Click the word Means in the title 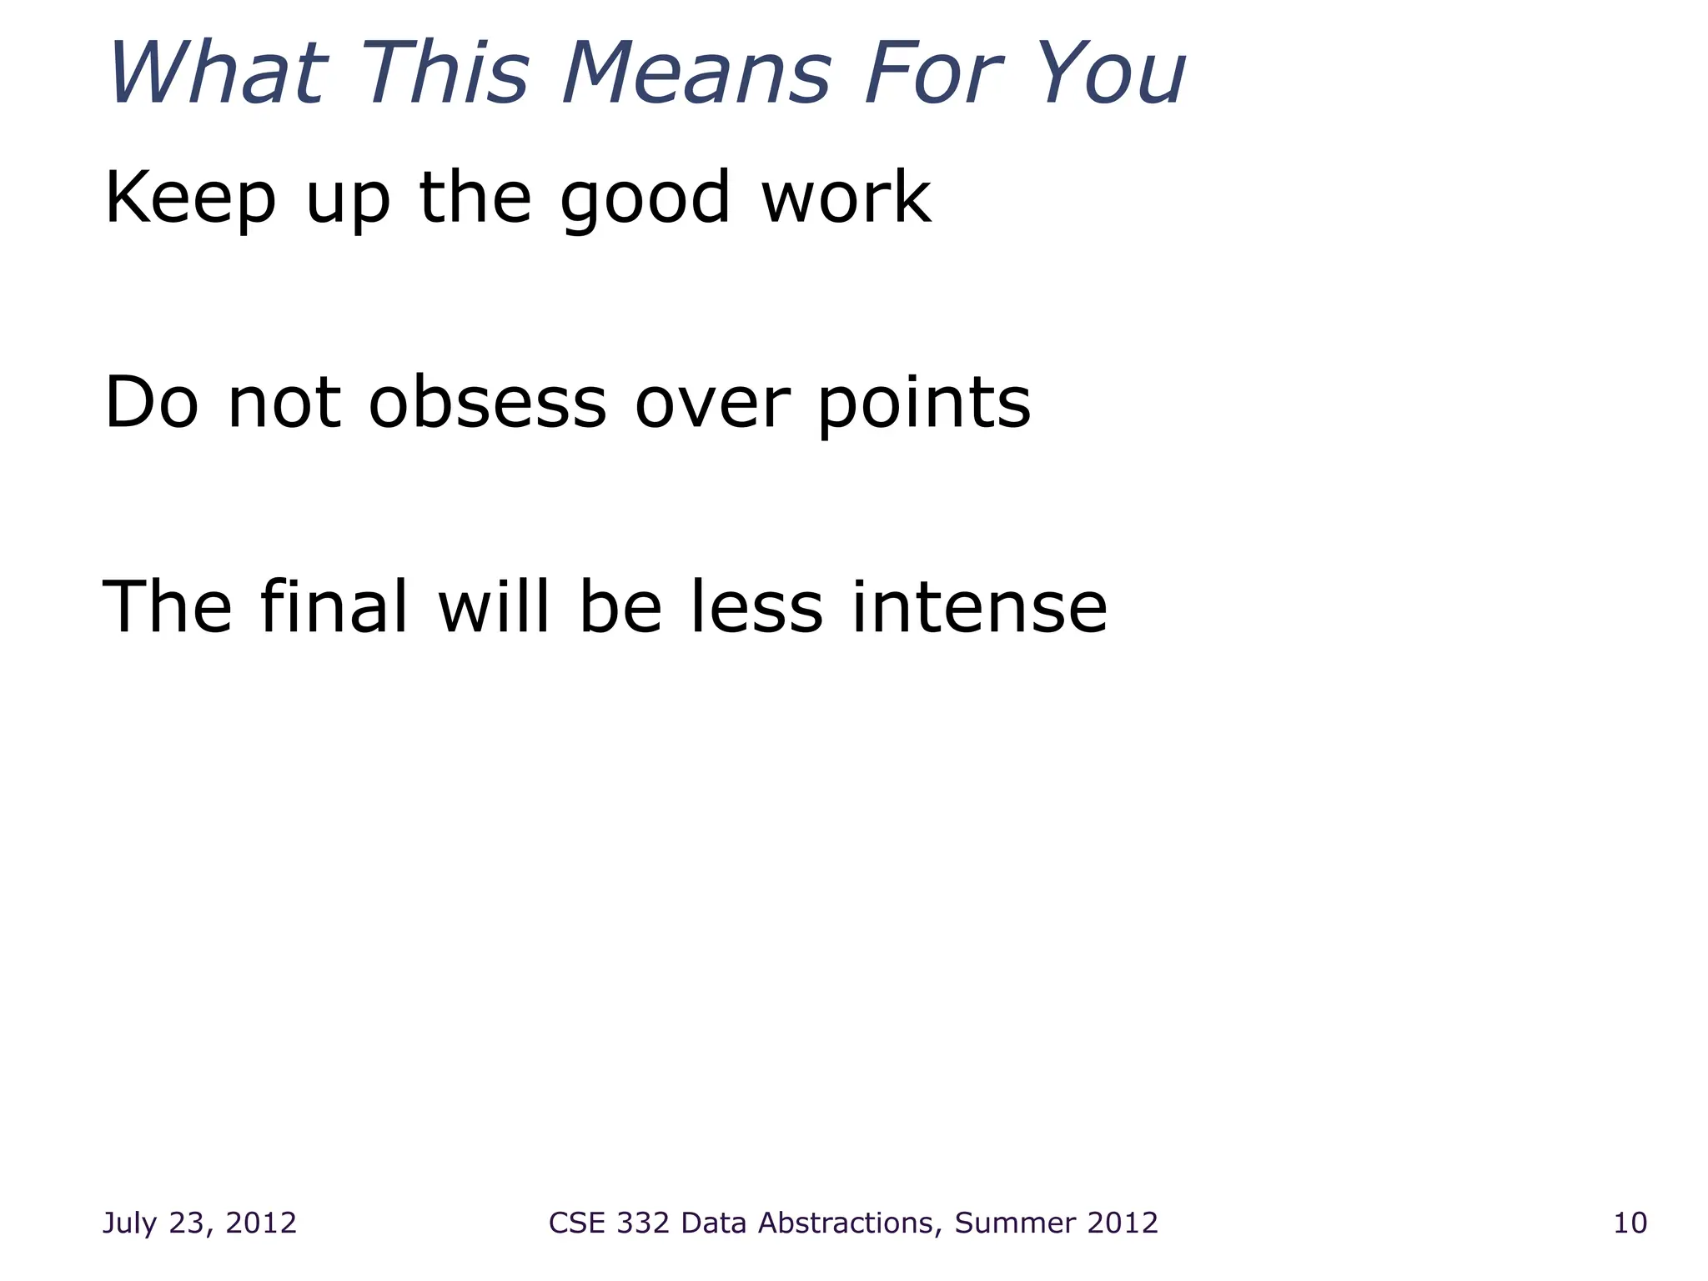pos(696,73)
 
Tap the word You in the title pos(1114,73)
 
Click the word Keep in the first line pos(190,198)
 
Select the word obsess pos(487,403)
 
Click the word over pos(711,404)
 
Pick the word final pos(334,606)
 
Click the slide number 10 pos(1630,1223)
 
